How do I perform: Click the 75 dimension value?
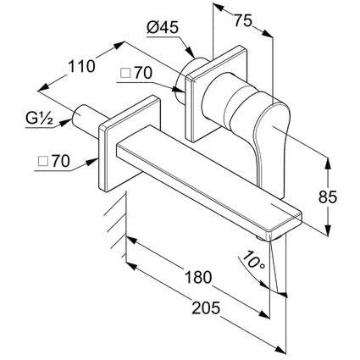point(242,20)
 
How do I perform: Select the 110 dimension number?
point(81,66)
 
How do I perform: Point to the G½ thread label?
point(40,119)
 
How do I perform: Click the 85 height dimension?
point(328,197)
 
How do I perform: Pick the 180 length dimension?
point(198,277)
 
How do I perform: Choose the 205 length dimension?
point(206,307)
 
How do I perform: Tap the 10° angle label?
point(253,260)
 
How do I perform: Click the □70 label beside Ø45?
point(136,73)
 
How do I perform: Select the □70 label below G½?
point(53,162)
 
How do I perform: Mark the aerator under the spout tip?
point(263,239)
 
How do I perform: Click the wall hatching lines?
point(116,223)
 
